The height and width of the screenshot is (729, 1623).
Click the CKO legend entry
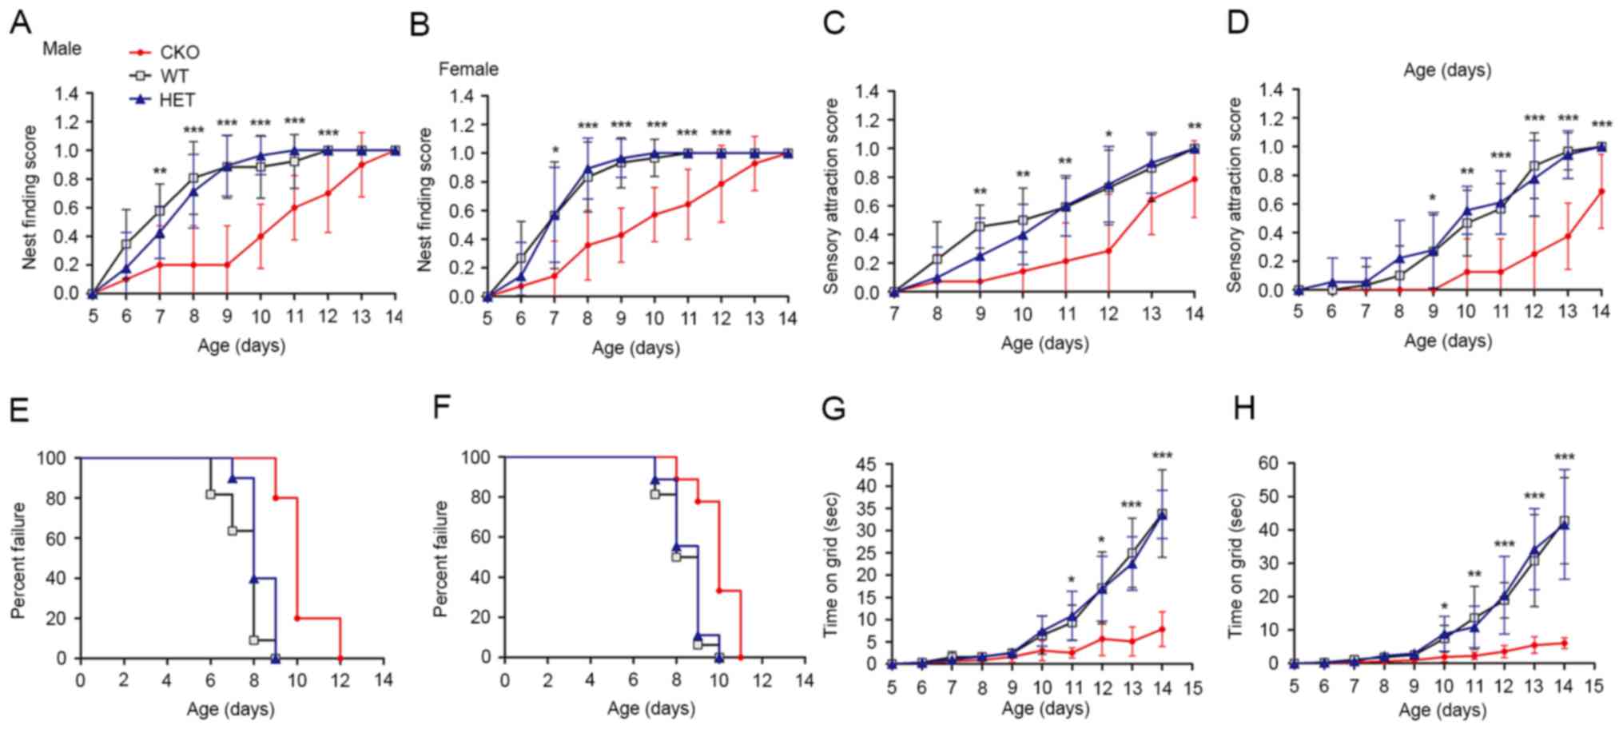(179, 53)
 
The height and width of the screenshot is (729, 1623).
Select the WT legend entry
(174, 76)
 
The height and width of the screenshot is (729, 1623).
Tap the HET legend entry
(177, 100)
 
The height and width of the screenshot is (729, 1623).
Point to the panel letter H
(1243, 408)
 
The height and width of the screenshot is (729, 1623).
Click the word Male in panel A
(62, 49)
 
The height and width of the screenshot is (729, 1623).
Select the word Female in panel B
(468, 70)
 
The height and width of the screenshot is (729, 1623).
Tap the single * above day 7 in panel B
(555, 152)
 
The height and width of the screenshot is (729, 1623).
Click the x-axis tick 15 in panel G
(1192, 687)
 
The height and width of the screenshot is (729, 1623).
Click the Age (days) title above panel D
(1447, 70)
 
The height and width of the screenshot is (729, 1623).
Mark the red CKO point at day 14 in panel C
(1194, 179)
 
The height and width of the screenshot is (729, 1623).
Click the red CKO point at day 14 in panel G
(1162, 630)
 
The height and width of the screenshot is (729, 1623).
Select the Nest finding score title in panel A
(30, 197)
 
